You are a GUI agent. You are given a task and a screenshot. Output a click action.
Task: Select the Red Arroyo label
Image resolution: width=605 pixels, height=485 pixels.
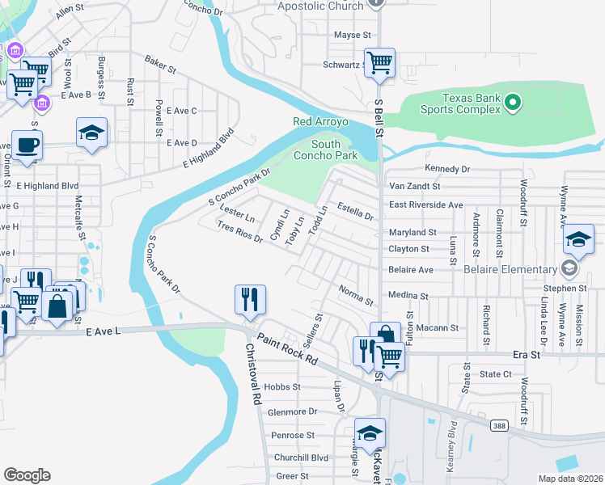pos(320,122)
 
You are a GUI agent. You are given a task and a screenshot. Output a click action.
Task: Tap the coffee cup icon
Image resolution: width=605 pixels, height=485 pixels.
pos(27,145)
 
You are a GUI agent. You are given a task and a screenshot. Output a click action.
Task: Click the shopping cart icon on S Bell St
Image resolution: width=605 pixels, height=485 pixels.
pos(379,62)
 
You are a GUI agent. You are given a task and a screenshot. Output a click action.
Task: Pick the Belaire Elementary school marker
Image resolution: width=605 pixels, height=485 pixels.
pos(569,269)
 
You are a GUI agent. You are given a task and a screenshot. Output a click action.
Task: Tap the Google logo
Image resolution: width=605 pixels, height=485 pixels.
pos(27,474)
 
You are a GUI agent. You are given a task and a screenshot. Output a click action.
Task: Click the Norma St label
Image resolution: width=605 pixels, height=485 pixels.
pos(356,295)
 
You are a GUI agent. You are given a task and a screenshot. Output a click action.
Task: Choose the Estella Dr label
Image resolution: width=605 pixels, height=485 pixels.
pos(355,211)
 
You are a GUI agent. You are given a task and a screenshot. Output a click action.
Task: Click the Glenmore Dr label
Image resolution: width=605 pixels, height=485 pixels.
pos(292,411)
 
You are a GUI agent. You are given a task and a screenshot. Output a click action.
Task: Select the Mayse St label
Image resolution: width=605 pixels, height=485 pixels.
pos(352,36)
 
